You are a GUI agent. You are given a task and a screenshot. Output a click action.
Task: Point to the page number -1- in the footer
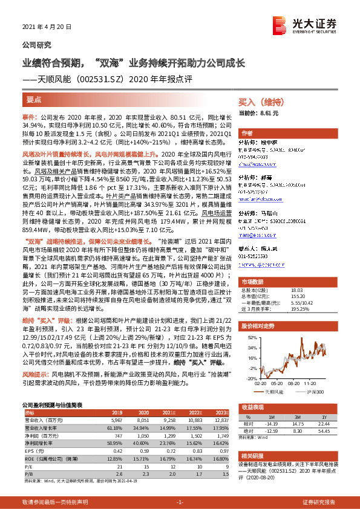(x=180, y=502)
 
